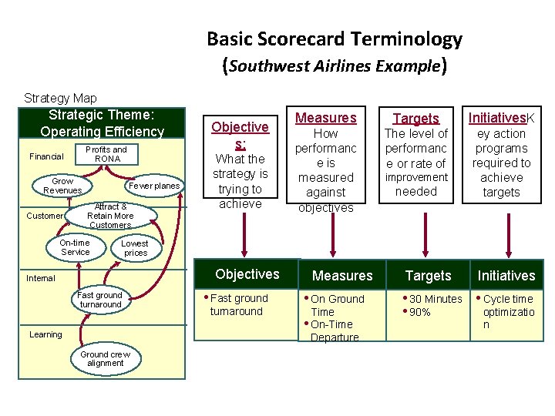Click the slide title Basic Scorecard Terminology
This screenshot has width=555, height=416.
coord(334,39)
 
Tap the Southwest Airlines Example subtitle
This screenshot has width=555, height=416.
coord(334,66)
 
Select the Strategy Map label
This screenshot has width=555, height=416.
coord(60,98)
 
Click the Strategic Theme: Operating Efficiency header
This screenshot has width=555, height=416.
coord(103,124)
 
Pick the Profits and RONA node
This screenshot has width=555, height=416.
coord(106,154)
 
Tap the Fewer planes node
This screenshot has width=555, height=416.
coord(154,186)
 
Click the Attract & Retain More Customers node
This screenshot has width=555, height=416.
coord(110,216)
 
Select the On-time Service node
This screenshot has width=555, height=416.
coord(75,247)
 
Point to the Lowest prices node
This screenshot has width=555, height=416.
coord(135,247)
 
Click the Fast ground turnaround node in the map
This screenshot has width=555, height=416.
coord(100,300)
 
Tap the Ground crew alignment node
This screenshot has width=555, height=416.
coord(105,358)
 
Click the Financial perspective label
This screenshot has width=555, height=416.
coord(45,156)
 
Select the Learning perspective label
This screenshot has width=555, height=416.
coord(45,334)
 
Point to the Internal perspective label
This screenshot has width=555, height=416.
coord(41,278)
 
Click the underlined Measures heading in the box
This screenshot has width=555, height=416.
coord(326,118)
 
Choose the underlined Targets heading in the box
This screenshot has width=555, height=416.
coord(415,118)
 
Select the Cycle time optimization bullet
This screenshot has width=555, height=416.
coord(508,311)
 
